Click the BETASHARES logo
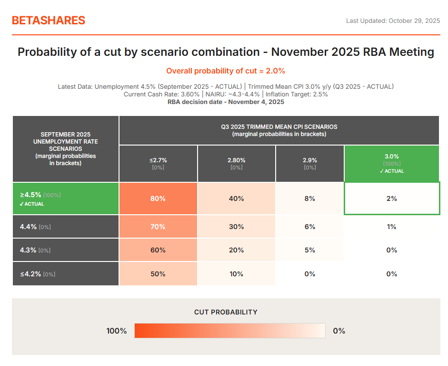click(49, 21)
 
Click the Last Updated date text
click(393, 21)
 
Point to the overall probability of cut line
click(226, 71)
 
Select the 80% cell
click(158, 199)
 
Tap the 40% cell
click(236, 199)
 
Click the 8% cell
click(309, 199)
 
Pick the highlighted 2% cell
click(391, 199)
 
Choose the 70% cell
click(158, 227)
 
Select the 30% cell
click(236, 227)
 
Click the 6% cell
click(309, 227)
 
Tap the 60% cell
click(158, 250)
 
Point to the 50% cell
click(158, 274)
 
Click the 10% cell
click(236, 274)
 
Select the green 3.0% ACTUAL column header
click(391, 163)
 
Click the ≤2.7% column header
click(158, 163)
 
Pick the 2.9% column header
click(309, 163)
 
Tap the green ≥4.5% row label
click(66, 199)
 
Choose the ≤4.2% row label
click(66, 274)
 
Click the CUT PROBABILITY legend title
click(226, 312)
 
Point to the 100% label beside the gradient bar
click(116, 331)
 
